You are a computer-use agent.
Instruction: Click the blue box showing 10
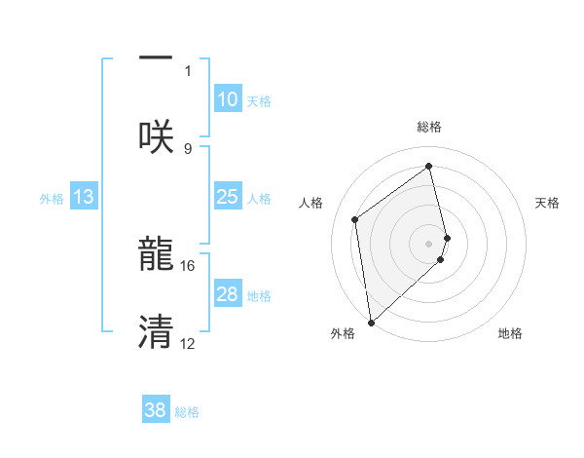tap(227, 99)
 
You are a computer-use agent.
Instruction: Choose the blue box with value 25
tap(227, 197)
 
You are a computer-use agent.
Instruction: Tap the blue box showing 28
tap(227, 294)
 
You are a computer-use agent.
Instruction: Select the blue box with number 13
tap(84, 197)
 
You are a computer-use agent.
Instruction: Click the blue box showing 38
tap(156, 410)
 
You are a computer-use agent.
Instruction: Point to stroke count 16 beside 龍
tap(188, 265)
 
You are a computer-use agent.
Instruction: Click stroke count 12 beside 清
tap(188, 343)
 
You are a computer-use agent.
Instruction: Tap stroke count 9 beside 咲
tap(188, 148)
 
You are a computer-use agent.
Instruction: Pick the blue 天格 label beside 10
tap(259, 101)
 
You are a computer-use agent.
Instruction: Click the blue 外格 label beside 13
tap(52, 199)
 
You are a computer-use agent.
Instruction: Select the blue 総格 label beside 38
tap(187, 412)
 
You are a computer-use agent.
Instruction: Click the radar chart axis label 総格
tap(429, 127)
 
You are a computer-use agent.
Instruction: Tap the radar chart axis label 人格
tap(311, 203)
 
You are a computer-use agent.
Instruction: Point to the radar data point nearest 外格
tap(371, 322)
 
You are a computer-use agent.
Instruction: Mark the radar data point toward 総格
tap(429, 166)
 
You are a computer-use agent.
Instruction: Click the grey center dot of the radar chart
tap(429, 243)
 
